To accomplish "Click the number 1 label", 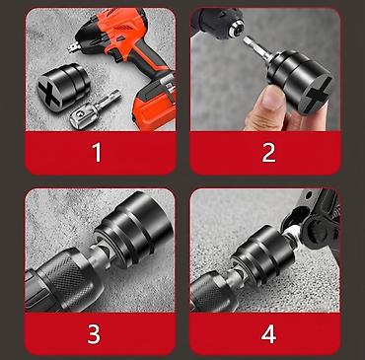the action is click(98, 153).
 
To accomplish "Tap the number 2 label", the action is click(268, 153).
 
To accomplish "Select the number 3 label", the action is click(94, 334).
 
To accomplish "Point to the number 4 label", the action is click(268, 334).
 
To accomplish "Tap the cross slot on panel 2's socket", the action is click(318, 96).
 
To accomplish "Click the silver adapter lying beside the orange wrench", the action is click(94, 109).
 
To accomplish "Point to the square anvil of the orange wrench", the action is click(74, 47).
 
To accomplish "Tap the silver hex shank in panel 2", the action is click(257, 47).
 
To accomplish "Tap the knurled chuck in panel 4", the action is click(214, 291).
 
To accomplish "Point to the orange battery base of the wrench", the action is click(154, 100).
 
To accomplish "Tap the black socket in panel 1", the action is click(63, 86).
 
